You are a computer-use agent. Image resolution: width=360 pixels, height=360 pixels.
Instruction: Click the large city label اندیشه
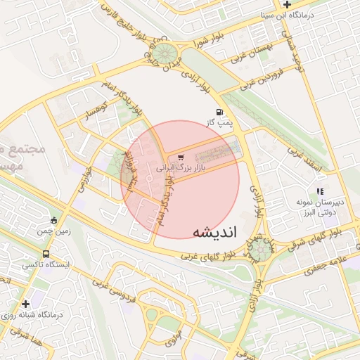coord(215,232)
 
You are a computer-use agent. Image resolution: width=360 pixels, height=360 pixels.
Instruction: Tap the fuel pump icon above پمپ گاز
coord(220,112)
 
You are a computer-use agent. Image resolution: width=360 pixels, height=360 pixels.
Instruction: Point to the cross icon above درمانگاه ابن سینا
coord(286,5)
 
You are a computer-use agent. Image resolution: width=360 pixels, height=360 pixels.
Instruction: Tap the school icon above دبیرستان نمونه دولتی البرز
coord(320,191)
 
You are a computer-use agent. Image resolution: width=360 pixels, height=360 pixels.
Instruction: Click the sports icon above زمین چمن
coord(53,219)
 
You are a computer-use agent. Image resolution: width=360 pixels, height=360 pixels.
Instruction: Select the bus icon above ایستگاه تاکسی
coord(46,255)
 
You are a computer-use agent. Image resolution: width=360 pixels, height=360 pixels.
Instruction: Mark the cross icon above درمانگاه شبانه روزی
coord(26,304)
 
